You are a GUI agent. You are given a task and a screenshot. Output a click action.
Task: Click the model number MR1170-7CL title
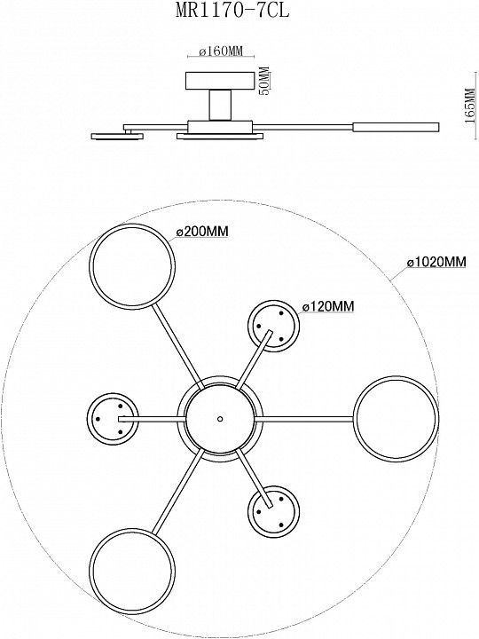pos(232,10)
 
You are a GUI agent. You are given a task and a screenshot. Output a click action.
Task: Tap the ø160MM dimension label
pos(221,51)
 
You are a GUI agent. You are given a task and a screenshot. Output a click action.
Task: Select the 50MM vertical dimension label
pos(264,81)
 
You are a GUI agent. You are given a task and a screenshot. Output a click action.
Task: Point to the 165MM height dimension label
pos(470,106)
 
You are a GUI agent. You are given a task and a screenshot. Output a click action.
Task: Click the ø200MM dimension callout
pos(202,232)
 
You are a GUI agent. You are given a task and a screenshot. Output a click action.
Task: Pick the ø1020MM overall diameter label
pos(436,262)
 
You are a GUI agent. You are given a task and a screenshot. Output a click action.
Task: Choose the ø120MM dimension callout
pos(328,305)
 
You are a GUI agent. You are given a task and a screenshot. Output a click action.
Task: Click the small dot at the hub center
pos(220,419)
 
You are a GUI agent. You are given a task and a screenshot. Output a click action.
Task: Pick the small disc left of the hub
pos(88,419)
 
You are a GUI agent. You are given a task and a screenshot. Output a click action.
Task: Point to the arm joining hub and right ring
pos(304,419)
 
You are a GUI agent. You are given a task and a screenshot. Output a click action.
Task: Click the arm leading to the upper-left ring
pos(178,346)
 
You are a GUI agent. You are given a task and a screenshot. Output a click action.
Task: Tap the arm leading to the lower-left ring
pos(178,491)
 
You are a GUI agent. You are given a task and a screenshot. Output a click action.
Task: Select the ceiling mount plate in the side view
pos(220,81)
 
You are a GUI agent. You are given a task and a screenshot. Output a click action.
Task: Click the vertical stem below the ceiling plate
pos(220,105)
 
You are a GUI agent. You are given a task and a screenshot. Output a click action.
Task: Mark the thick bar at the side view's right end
pos(396,127)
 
